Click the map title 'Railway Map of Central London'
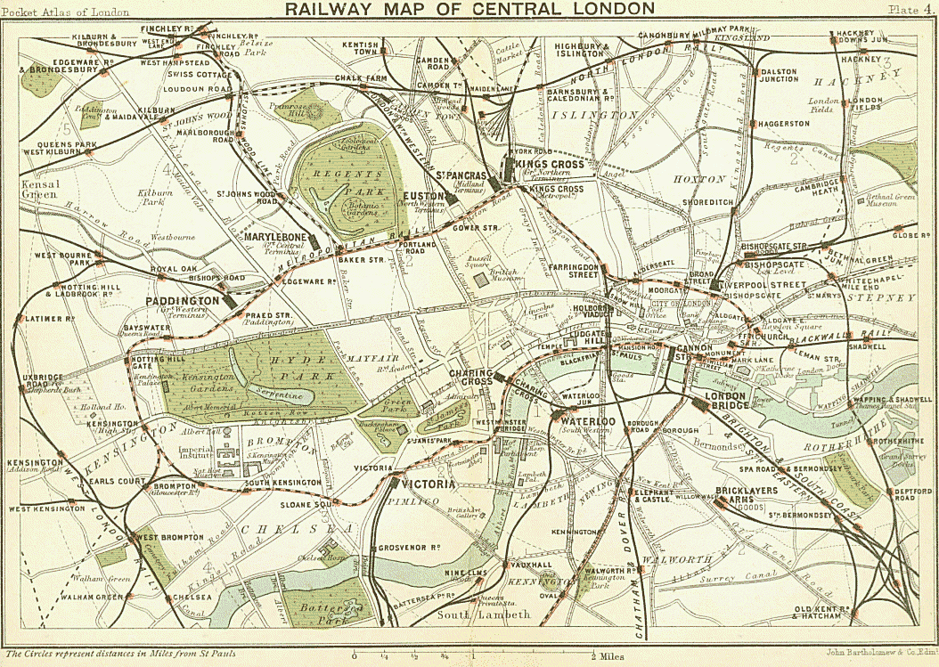(x=469, y=9)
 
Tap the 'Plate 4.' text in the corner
(x=910, y=9)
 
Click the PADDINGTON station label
(x=183, y=302)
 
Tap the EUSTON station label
(x=418, y=195)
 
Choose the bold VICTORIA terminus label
(x=429, y=484)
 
